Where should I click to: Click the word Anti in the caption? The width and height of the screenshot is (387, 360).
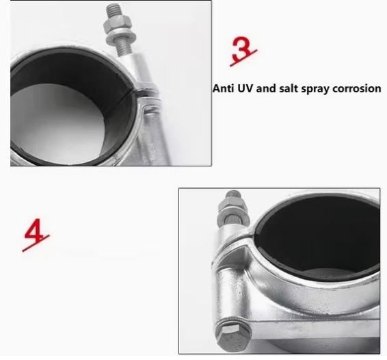[223, 88]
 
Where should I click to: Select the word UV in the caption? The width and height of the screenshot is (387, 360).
[245, 88]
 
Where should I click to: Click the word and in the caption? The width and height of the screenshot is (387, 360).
[266, 88]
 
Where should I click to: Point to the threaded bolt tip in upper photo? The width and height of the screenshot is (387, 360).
[114, 10]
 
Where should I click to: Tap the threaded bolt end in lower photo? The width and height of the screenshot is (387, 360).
[233, 194]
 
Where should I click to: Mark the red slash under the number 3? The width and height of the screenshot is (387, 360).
[243, 58]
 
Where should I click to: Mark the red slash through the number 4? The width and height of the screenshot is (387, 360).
[36, 244]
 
